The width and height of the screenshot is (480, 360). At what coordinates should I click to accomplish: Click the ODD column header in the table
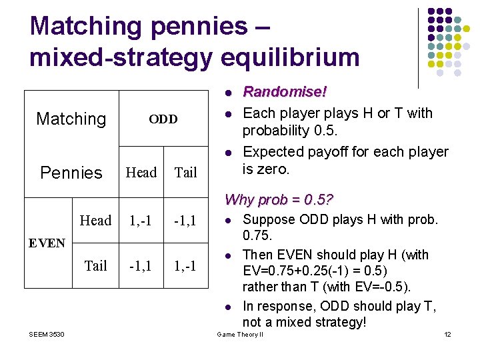163,119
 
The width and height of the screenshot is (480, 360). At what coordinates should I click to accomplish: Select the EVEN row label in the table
47,243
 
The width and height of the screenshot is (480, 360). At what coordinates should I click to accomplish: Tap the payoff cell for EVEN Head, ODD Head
141,221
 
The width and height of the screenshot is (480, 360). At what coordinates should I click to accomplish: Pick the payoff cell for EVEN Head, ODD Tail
185,221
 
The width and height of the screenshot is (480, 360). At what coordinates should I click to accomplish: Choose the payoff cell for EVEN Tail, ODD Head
141,266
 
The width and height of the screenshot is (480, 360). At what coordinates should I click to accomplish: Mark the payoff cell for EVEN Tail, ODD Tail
185,266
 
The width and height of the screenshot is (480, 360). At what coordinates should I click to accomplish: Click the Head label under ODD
141,173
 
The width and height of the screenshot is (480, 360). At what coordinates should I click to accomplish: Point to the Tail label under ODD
185,173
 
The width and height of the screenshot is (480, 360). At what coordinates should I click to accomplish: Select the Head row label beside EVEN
95,221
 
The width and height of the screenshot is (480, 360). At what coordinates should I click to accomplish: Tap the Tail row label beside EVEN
95,266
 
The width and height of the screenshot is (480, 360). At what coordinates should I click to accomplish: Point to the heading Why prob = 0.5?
279,199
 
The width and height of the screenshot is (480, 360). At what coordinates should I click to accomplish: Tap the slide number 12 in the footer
447,334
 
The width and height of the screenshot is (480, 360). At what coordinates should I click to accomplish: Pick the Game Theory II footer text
240,334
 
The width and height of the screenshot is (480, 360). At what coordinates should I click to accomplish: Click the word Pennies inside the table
71,173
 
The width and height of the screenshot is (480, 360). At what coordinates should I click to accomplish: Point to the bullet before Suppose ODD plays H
227,220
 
